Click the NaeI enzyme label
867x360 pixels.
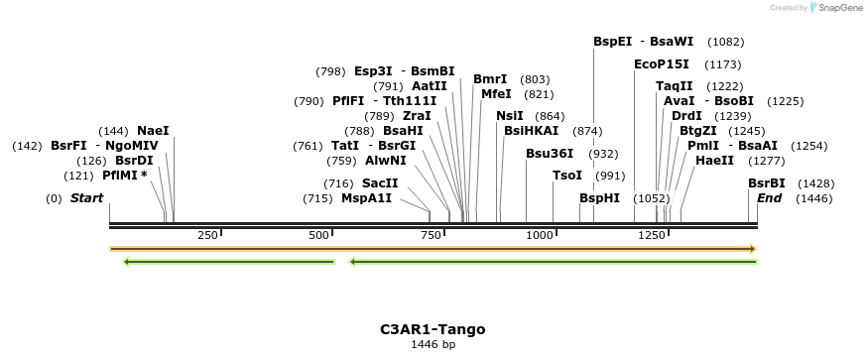click(x=153, y=131)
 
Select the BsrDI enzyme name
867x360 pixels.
click(x=134, y=161)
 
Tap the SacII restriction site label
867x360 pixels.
click(x=380, y=183)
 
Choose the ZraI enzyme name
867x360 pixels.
click(x=417, y=116)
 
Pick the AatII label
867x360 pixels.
click(x=430, y=86)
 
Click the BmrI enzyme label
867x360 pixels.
click(x=490, y=79)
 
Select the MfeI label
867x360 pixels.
click(x=496, y=94)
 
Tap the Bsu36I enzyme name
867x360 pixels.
click(x=550, y=154)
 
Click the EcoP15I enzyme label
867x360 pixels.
click(x=662, y=64)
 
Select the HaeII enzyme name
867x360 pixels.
click(x=714, y=161)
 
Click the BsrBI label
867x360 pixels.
click(x=767, y=183)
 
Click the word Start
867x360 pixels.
click(x=86, y=198)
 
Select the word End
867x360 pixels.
click(x=769, y=198)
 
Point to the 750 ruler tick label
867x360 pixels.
click(x=432, y=235)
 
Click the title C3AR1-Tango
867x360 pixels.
click(x=433, y=329)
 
